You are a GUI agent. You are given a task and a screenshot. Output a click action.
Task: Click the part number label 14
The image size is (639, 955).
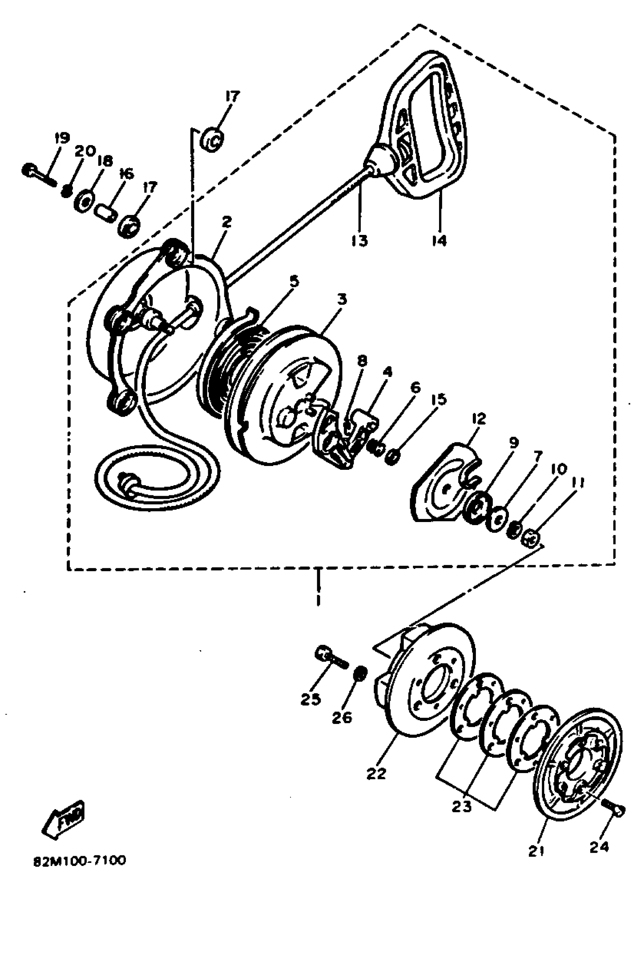coord(439,241)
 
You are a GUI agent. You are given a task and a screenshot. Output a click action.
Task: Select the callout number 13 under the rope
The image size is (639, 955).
coord(359,241)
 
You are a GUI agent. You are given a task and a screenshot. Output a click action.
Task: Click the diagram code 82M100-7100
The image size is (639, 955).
coord(80,861)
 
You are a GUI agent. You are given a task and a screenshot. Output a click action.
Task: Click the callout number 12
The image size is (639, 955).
coord(479,418)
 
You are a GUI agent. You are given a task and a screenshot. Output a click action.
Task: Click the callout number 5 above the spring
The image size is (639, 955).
coord(294,281)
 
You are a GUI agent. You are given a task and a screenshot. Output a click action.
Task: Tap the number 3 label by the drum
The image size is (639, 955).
coord(342,300)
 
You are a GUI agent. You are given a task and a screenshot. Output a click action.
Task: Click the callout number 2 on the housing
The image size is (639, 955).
coord(227,222)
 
